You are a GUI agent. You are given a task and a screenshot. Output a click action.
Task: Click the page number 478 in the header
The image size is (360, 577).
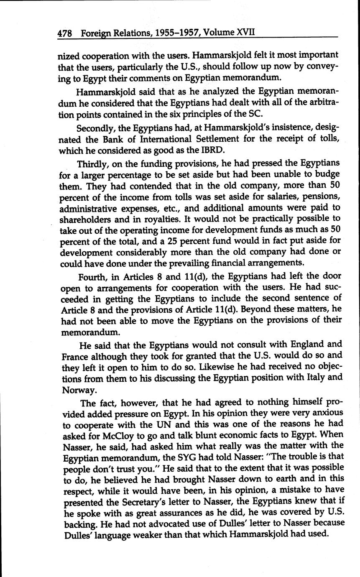[x=65, y=33]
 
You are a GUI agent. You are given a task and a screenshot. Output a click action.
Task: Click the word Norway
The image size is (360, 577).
[x=77, y=390]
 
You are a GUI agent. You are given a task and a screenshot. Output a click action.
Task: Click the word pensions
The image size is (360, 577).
[x=320, y=196]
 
